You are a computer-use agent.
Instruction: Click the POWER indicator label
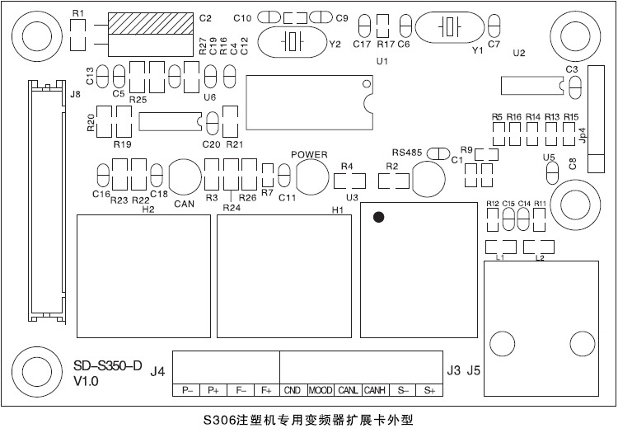310,154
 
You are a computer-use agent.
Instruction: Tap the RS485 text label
407,153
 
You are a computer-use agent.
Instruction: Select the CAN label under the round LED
184,204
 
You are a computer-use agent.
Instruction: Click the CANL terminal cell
348,390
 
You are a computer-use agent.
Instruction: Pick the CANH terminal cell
375,390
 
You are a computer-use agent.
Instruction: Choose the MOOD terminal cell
321,390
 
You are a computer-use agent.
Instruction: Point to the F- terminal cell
241,390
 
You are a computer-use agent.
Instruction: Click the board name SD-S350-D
108,365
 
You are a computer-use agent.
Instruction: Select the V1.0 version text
86,382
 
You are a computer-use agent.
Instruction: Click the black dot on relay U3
378,218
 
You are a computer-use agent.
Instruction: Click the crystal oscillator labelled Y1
449,27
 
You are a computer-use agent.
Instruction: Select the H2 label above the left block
148,209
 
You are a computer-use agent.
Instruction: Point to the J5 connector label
473,371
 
